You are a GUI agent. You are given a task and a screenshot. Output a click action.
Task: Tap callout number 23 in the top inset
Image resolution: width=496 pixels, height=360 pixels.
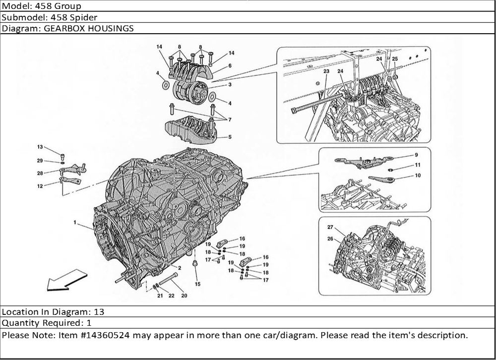(x=327, y=72)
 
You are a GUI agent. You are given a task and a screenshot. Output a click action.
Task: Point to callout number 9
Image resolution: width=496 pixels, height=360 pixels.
(x=417, y=155)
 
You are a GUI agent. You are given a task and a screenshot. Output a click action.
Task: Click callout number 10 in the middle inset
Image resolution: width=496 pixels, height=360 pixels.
(x=418, y=175)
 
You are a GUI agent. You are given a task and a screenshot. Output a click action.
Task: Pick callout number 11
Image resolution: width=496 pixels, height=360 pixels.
(x=418, y=165)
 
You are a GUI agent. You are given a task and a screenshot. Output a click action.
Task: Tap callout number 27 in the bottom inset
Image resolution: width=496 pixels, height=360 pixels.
(x=330, y=228)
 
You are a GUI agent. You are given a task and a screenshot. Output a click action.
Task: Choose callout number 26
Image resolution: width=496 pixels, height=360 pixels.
(x=330, y=239)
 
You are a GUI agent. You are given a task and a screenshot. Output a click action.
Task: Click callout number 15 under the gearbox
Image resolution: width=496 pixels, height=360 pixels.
(x=197, y=284)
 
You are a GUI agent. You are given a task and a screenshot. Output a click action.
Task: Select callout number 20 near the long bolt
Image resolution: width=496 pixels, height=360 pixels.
(x=184, y=296)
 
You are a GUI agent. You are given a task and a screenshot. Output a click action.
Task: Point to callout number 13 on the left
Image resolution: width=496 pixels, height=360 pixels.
(x=40, y=147)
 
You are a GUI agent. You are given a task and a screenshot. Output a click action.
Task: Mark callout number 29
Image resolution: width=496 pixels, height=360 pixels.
(x=40, y=161)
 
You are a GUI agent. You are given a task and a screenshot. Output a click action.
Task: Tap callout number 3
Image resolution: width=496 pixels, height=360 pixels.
(x=230, y=85)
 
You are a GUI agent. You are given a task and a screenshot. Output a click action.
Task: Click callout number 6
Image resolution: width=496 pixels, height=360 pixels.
(x=230, y=65)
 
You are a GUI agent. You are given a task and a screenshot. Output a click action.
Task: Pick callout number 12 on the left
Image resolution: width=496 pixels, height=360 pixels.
(x=40, y=186)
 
